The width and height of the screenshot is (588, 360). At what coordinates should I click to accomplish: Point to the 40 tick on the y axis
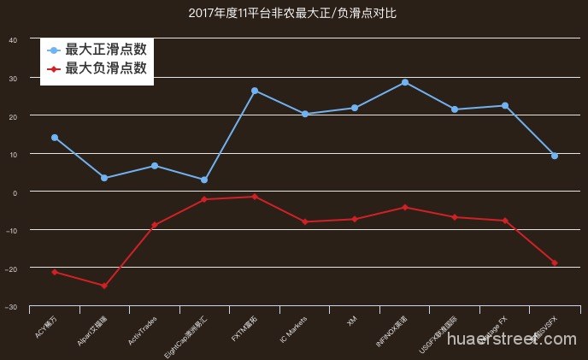tap(12, 39)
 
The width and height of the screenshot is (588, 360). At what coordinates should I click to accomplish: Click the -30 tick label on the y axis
tap(11, 306)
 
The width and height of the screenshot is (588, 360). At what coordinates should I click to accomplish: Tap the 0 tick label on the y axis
tap(15, 192)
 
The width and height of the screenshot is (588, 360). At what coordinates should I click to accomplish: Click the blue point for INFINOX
tap(405, 82)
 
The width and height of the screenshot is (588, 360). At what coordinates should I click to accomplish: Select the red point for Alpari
tap(104, 286)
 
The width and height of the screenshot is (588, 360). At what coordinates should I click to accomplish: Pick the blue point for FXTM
tap(255, 91)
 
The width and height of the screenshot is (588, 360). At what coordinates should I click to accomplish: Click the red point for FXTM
tap(255, 197)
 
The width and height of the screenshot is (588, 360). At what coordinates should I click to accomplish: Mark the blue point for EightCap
tap(204, 180)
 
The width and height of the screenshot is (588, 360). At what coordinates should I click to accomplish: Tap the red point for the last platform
tap(555, 263)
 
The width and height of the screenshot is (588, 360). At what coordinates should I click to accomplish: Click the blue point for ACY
tap(55, 138)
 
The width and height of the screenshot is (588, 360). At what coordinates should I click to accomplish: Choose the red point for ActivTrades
tap(155, 225)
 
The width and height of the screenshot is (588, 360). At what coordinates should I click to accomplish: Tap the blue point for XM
tap(355, 108)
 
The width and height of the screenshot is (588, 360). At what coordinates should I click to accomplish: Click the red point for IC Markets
tap(305, 221)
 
